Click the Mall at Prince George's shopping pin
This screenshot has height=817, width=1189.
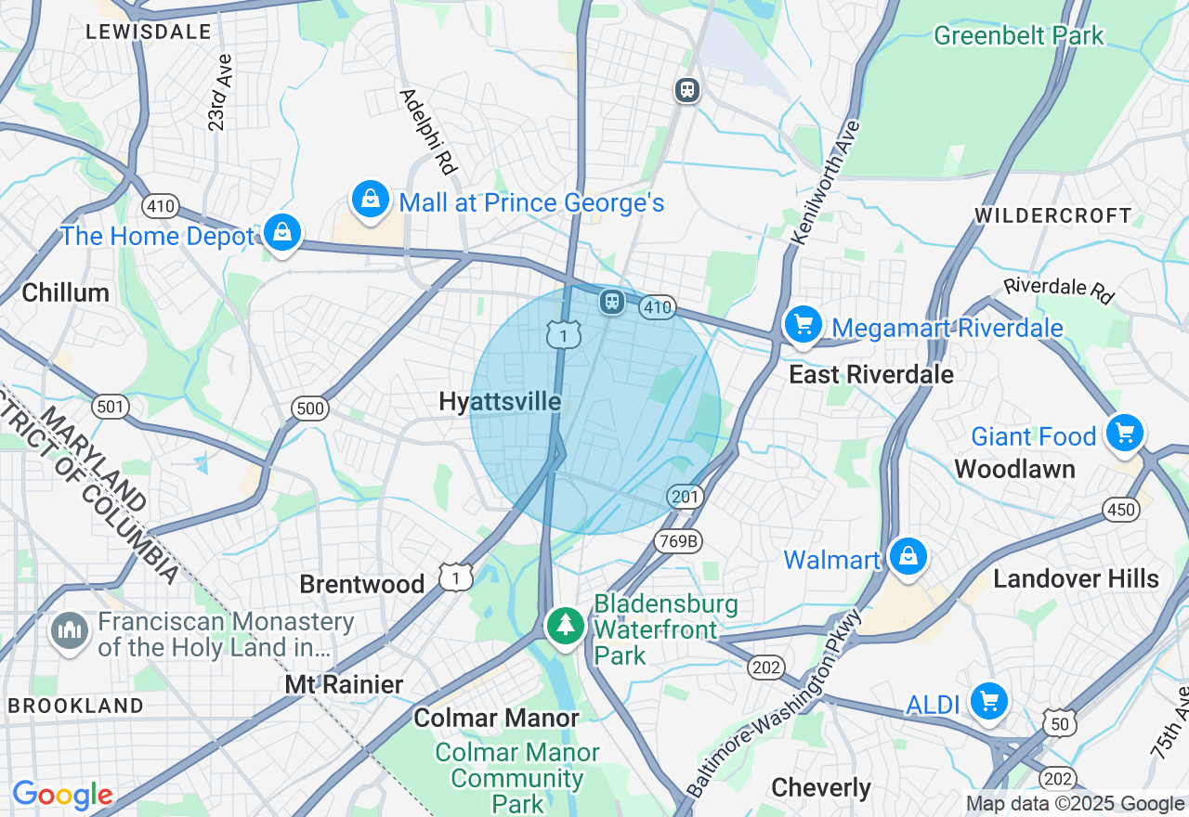(370, 200)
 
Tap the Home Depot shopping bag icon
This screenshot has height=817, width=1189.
(281, 233)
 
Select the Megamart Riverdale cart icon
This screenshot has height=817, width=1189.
(803, 325)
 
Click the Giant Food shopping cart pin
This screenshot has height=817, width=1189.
(1125, 434)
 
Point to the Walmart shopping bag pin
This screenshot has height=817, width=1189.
(908, 557)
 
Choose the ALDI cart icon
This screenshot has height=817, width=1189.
(988, 702)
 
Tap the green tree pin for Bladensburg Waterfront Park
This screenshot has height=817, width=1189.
(565, 625)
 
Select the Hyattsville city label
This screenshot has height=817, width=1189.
(500, 402)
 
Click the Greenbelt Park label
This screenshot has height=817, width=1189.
(1018, 36)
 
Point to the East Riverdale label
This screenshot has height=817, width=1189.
(870, 374)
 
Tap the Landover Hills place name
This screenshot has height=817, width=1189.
(1076, 578)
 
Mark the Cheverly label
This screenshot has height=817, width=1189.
(820, 788)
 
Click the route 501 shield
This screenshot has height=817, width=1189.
(110, 407)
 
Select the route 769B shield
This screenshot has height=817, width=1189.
(678, 541)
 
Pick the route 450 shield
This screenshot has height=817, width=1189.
(1121, 509)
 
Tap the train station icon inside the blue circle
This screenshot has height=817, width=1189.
(611, 301)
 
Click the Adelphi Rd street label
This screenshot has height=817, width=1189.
(428, 132)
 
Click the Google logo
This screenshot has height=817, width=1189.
(62, 796)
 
